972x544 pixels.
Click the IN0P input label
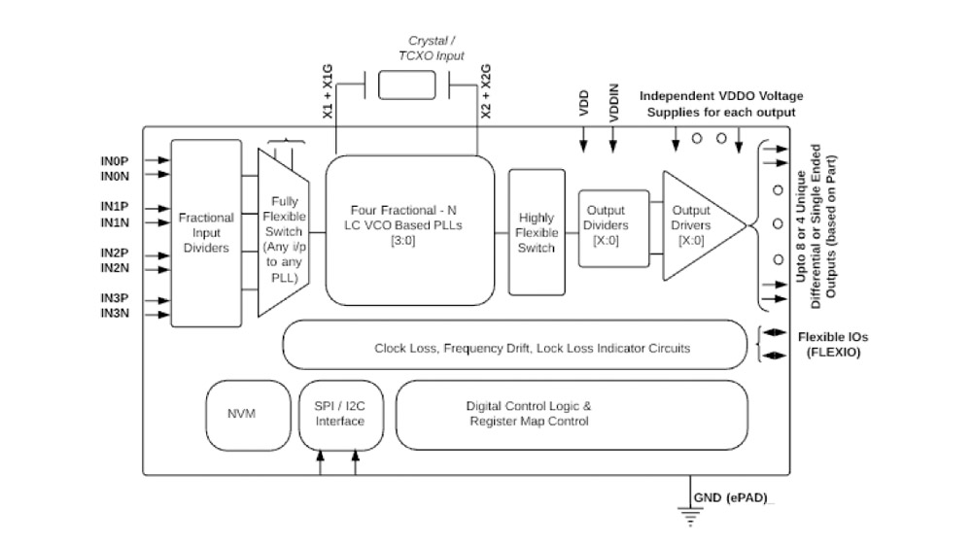coord(116,160)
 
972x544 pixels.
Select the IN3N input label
coord(116,315)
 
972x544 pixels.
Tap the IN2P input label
coord(116,254)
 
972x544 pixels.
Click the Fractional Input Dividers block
coord(206,233)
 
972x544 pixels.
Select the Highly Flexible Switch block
coord(537,233)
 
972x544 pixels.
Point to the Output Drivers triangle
coord(694,225)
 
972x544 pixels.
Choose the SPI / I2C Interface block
coord(339,414)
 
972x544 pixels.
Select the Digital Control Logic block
coord(572,414)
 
